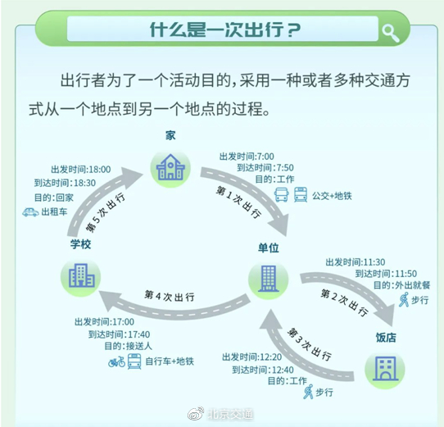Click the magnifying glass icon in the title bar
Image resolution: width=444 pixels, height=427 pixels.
[391, 33]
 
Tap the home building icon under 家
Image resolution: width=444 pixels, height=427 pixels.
[170, 167]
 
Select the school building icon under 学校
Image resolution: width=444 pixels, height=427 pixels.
[81, 275]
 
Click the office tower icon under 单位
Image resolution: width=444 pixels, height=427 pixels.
[269, 279]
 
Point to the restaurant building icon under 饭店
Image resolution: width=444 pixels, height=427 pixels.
[385, 368]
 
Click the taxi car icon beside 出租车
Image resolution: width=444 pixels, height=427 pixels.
[30, 212]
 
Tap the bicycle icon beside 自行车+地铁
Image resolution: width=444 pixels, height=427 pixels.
[116, 361]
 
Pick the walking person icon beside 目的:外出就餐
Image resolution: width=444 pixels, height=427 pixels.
[404, 300]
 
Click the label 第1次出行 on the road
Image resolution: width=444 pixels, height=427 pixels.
[238, 202]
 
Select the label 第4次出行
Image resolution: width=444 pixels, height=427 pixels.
[170, 296]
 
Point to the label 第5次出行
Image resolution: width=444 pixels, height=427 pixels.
[106, 211]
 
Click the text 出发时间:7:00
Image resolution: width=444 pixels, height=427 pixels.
[247, 157]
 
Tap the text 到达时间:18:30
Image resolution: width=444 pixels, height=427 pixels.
[66, 183]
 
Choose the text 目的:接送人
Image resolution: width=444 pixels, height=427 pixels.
[129, 346]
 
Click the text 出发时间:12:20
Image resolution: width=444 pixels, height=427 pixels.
[251, 357]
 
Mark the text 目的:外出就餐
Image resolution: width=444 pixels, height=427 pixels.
[401, 285]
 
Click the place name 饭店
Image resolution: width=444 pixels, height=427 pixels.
[386, 338]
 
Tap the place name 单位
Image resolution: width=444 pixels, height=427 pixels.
[269, 248]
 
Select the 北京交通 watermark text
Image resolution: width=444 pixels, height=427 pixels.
[230, 414]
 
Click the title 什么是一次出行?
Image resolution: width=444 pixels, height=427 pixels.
[225, 30]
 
